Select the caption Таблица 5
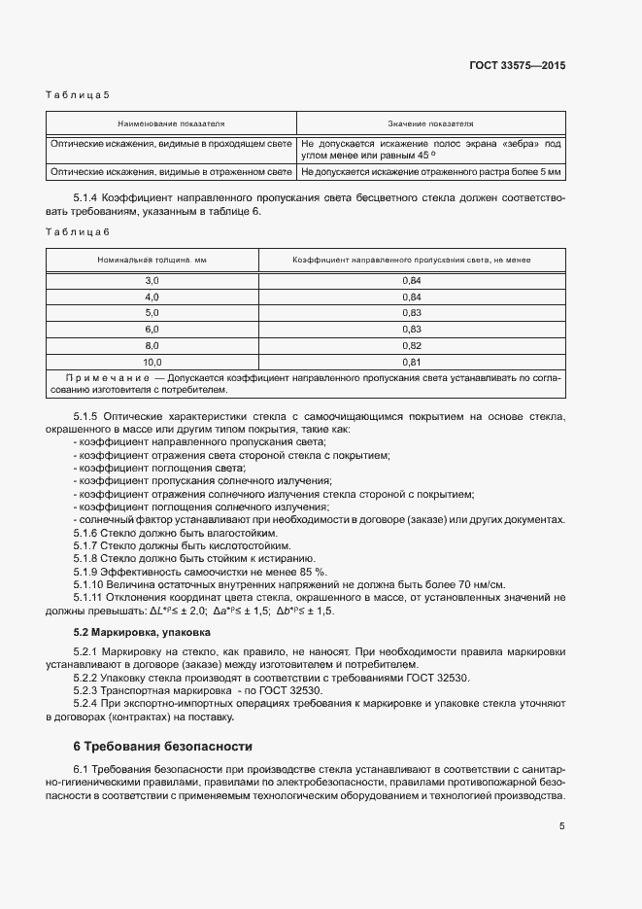(78, 94)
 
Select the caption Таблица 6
(78, 231)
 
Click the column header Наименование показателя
(171, 124)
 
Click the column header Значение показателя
(430, 124)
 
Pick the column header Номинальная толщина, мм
(152, 261)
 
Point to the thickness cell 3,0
(152, 280)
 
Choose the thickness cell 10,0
(152, 362)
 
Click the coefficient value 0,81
(411, 362)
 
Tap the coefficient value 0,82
(411, 345)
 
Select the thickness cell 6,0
(152, 330)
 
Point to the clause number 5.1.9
(88, 572)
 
